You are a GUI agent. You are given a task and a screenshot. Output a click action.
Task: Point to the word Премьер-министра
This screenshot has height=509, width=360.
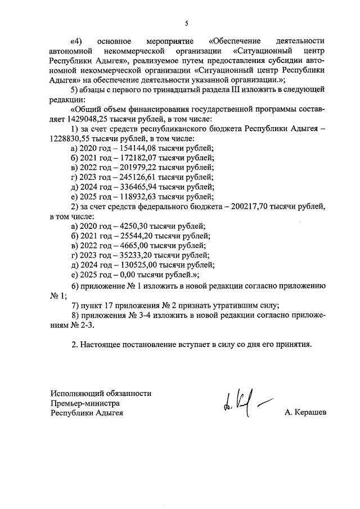pos(84,403)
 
